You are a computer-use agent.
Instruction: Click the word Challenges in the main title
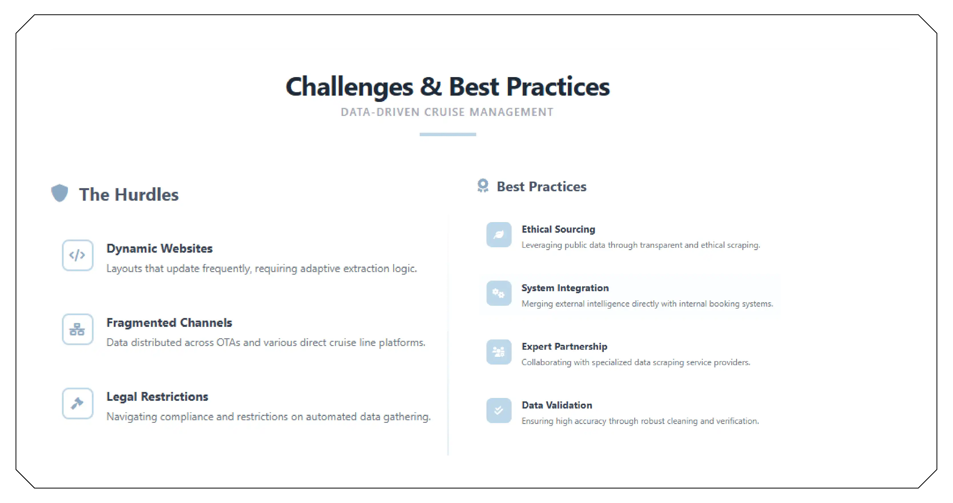[x=349, y=87]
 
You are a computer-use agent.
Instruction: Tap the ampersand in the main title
[x=431, y=87]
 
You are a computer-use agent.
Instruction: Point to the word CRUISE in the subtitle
[x=444, y=112]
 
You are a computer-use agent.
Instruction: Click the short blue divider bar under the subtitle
[x=448, y=134]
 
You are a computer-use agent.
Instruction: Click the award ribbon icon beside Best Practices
[x=483, y=186]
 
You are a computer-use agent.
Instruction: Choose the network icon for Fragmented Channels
[x=77, y=329]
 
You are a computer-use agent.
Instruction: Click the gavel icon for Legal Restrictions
[x=77, y=403]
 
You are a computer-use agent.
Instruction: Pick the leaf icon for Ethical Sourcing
[x=499, y=235]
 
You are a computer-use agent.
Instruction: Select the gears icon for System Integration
[x=499, y=293]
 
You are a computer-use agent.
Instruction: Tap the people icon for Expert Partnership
[x=499, y=352]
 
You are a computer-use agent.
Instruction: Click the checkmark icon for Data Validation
[x=499, y=411]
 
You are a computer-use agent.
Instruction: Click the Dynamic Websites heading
[x=159, y=249]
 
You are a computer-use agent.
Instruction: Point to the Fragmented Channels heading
[x=169, y=323]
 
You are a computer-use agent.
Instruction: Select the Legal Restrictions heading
[x=157, y=397]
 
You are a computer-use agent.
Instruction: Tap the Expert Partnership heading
[x=564, y=347]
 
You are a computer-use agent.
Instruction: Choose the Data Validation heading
[x=557, y=405]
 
